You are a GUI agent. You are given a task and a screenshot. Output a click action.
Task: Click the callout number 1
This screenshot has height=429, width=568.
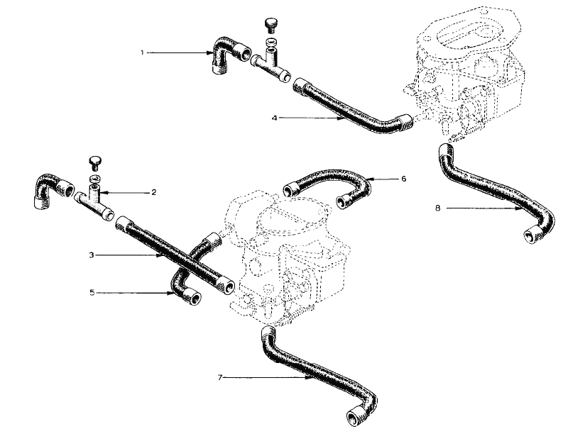(143, 52)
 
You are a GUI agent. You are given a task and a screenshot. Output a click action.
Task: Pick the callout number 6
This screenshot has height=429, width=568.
(403, 179)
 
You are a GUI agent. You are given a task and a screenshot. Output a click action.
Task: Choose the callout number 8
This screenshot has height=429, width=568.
(438, 208)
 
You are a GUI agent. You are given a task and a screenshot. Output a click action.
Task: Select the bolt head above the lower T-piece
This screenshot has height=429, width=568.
(97, 160)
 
